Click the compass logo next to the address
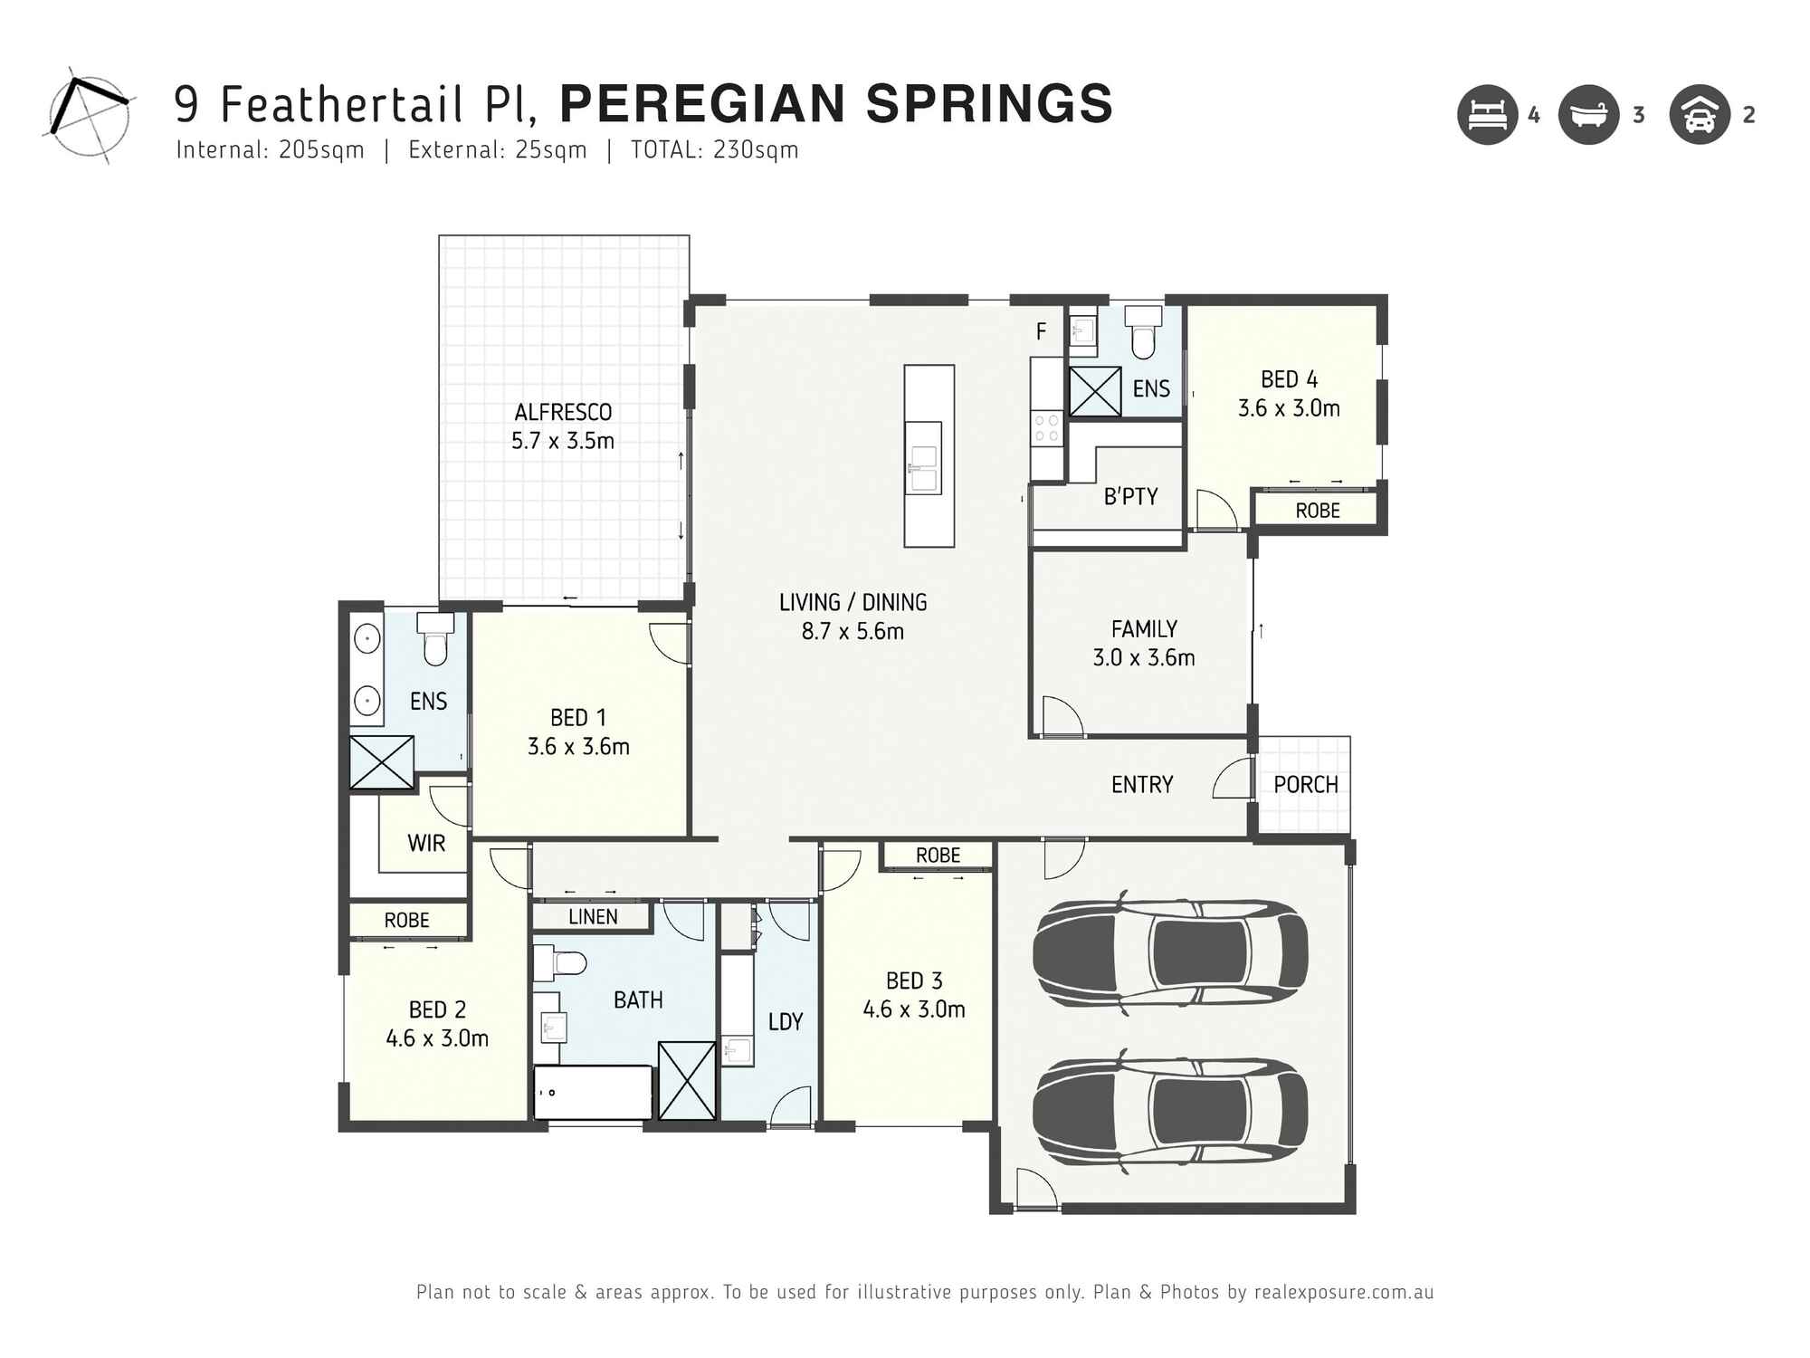(x=88, y=115)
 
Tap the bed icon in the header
(x=1487, y=115)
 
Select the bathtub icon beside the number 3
(x=1588, y=115)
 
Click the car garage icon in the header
(x=1700, y=115)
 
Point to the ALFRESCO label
(x=563, y=413)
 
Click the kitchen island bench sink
(x=924, y=469)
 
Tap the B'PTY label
(x=1130, y=496)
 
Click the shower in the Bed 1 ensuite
(x=382, y=761)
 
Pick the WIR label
(x=425, y=843)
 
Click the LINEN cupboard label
(x=593, y=916)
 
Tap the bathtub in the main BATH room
(x=593, y=1093)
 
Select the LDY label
(x=785, y=1021)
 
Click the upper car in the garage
(x=1169, y=953)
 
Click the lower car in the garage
(x=1169, y=1111)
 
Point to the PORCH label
(x=1305, y=785)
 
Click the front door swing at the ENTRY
(x=1233, y=779)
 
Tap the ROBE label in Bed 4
(x=1317, y=511)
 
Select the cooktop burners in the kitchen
(x=1046, y=428)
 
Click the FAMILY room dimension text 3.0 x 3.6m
(x=1143, y=657)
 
